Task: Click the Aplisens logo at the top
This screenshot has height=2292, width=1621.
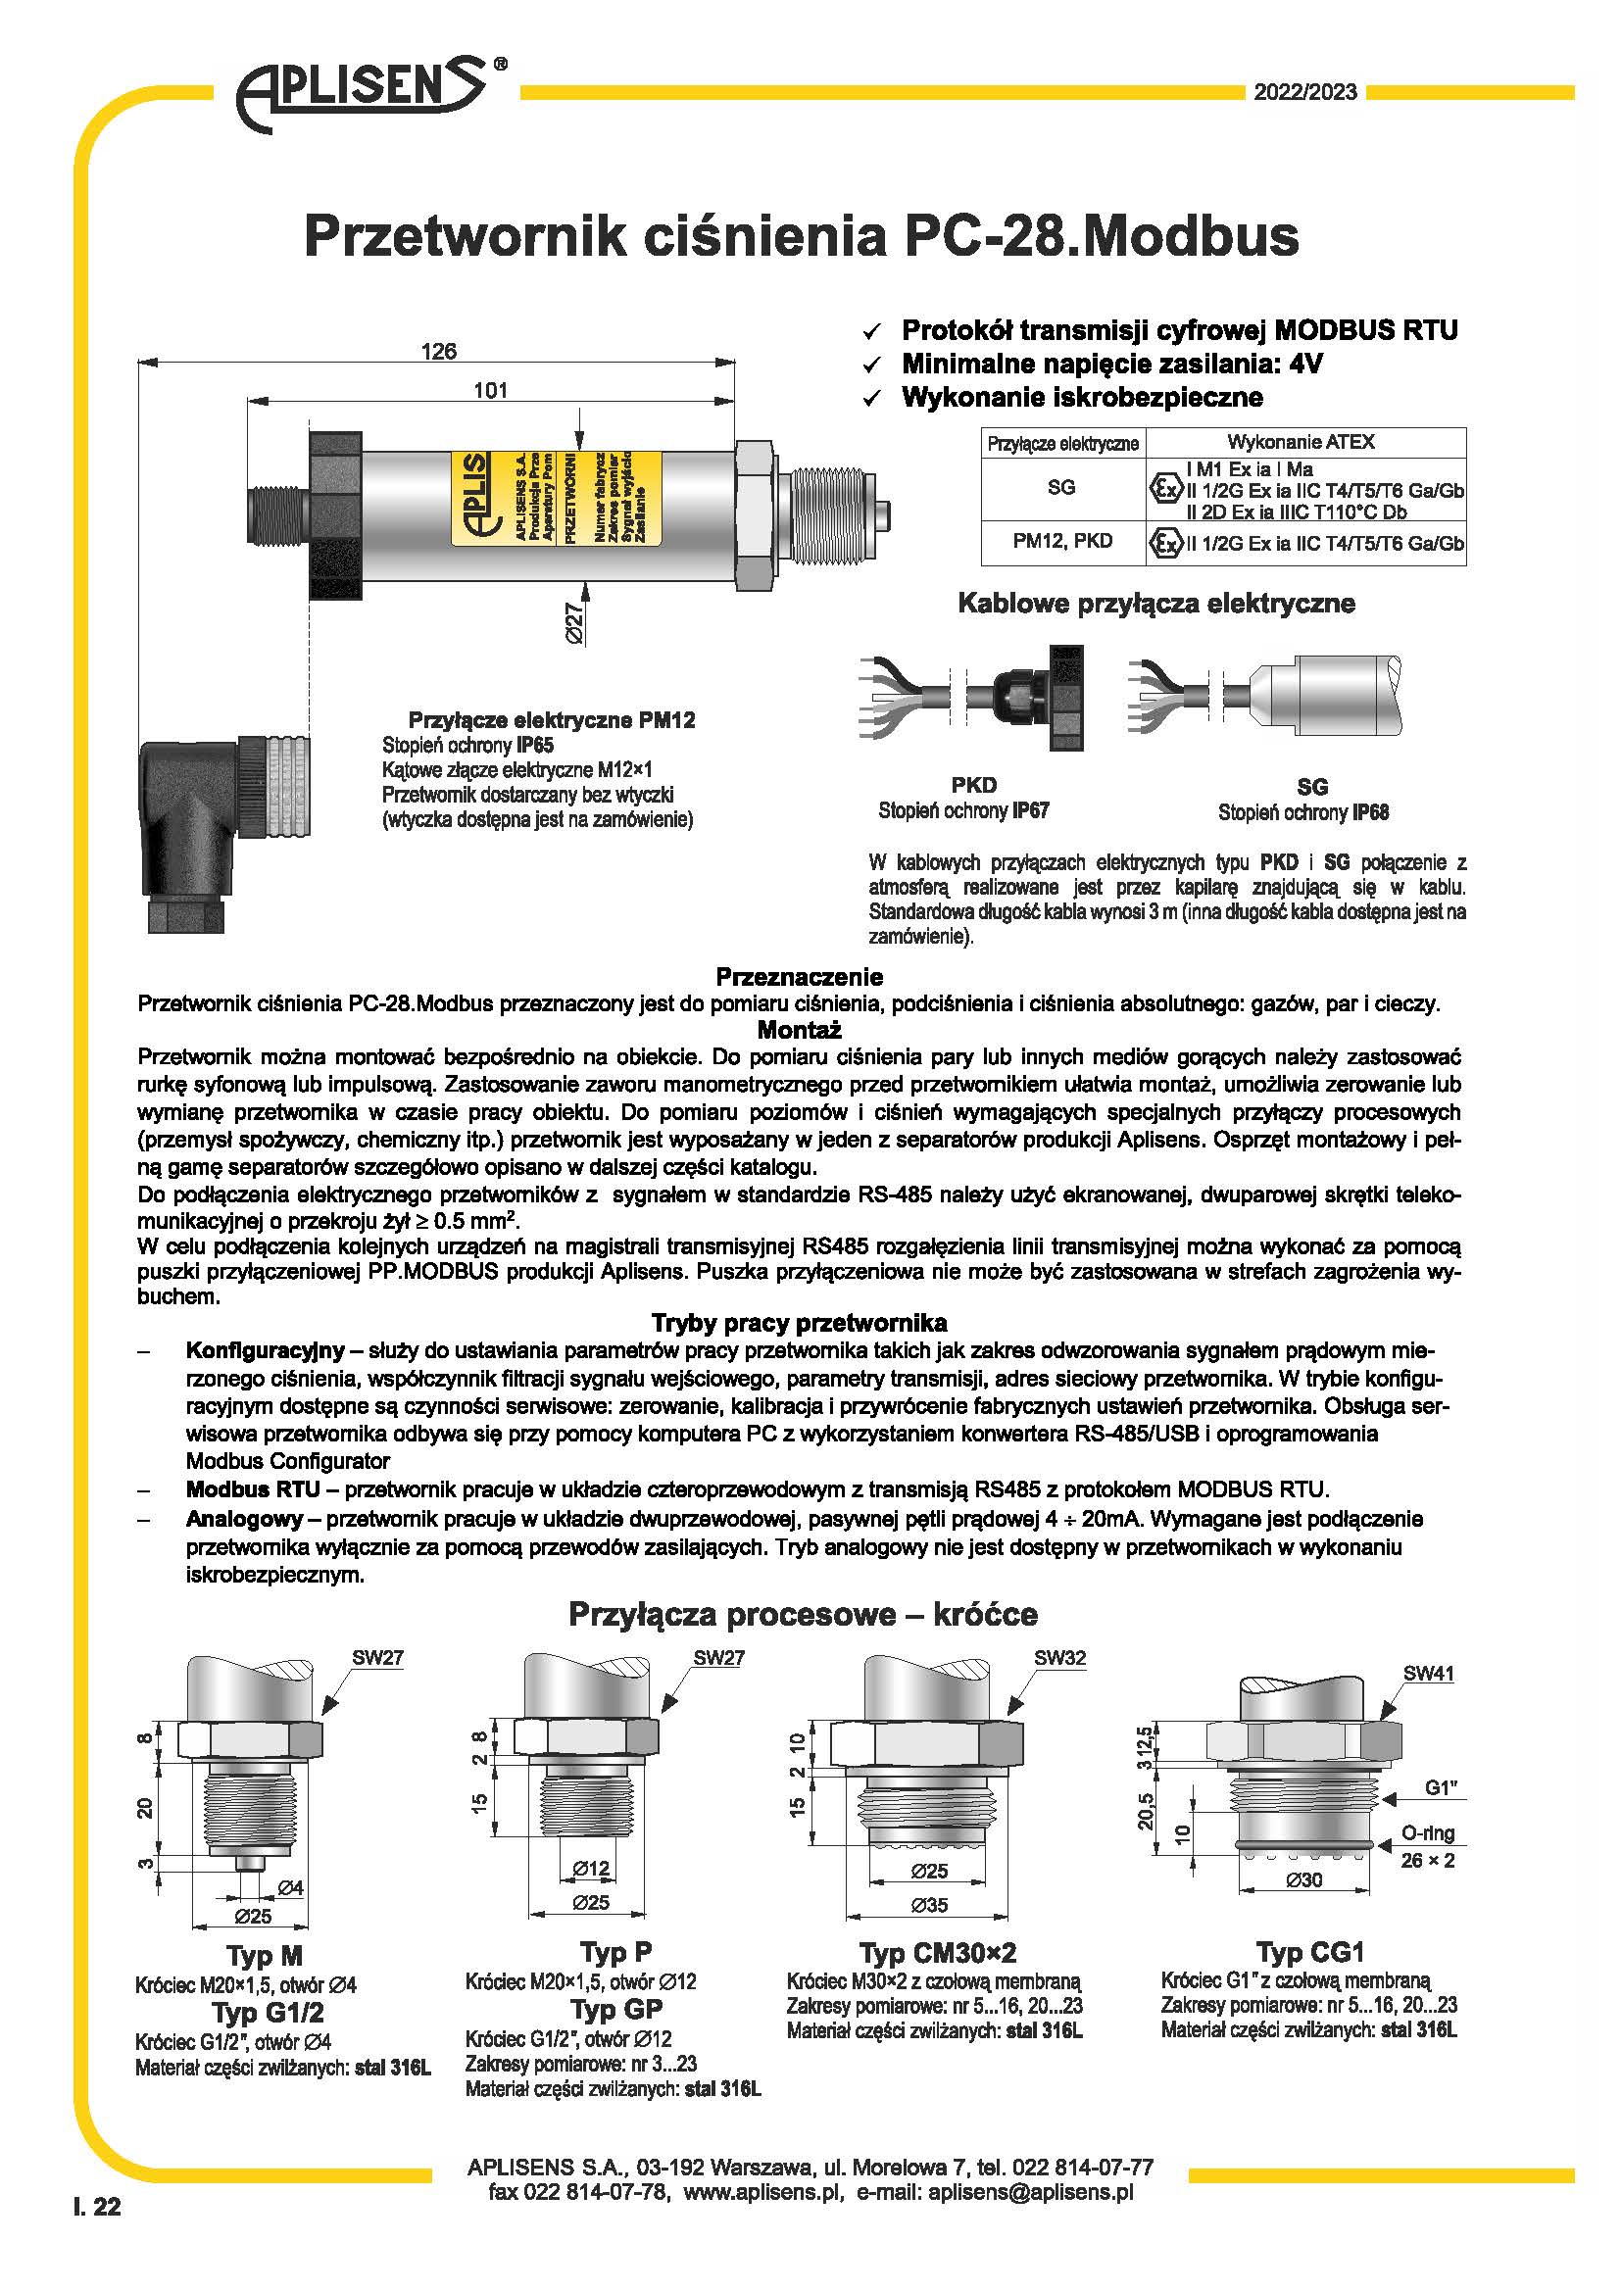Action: (365, 92)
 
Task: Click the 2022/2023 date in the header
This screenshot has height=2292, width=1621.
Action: (1304, 93)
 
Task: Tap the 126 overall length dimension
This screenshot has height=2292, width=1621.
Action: (438, 352)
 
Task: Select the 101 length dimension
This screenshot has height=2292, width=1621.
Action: (490, 390)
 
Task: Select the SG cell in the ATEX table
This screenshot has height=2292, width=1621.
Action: (1061, 487)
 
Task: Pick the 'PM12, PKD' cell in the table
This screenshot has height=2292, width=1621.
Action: (1062, 541)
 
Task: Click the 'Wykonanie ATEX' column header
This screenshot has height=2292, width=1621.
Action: (1300, 441)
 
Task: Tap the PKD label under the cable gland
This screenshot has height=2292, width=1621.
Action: (973, 785)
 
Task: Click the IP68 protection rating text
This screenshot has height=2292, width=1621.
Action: (1370, 812)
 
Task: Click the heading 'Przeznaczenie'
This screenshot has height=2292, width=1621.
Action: (799, 976)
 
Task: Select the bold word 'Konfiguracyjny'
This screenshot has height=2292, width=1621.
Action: (265, 1350)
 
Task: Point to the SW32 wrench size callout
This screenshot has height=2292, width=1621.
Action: (1059, 1658)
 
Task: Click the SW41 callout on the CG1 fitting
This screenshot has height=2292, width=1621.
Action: (1428, 1674)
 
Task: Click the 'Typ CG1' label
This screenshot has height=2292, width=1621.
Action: (1309, 1952)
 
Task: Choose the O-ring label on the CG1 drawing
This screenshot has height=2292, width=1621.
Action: (1427, 1832)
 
